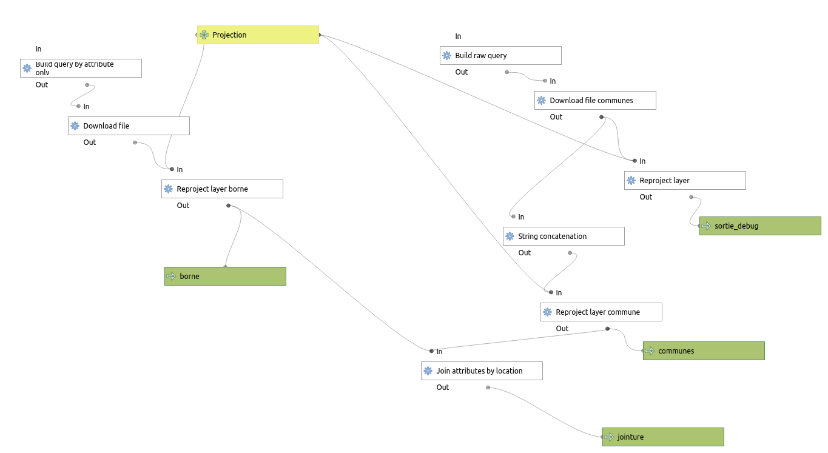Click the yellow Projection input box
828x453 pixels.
click(x=258, y=35)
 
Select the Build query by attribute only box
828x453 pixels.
click(x=81, y=68)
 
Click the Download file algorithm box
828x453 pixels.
click(x=129, y=126)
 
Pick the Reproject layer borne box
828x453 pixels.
click(x=222, y=189)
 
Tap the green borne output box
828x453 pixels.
click(x=225, y=277)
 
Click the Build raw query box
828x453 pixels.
click(x=500, y=56)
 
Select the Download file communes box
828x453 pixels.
click(x=595, y=101)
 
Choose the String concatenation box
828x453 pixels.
click(x=564, y=237)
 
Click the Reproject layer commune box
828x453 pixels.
click(x=601, y=312)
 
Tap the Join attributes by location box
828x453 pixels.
click(x=482, y=371)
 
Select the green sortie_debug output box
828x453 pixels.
click(x=760, y=226)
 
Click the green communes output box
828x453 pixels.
click(x=704, y=351)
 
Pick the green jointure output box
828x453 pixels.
click(x=663, y=437)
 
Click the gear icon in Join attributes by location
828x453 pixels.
click(x=428, y=371)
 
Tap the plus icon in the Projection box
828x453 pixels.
click(x=204, y=35)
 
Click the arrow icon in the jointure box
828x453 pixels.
click(x=609, y=437)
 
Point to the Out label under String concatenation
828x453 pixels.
click(x=525, y=253)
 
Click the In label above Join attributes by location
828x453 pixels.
click(x=439, y=352)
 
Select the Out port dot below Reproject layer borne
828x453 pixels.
click(x=228, y=206)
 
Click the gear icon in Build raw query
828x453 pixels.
click(x=447, y=56)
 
